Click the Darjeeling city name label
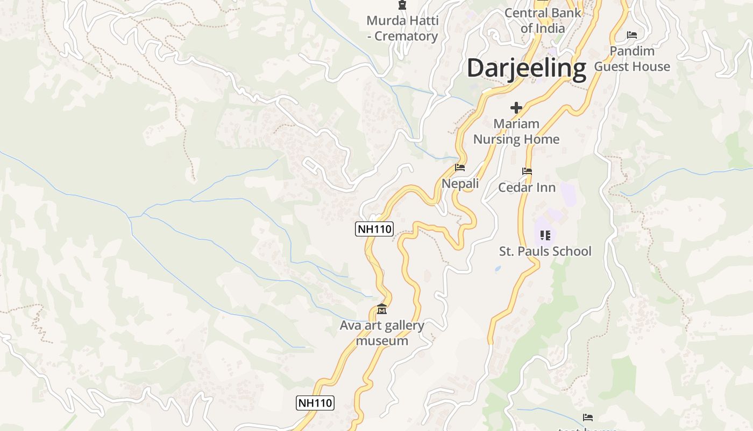[x=526, y=68]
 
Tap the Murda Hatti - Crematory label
[x=402, y=29]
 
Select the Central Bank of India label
[x=543, y=20]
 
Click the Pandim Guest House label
[x=632, y=59]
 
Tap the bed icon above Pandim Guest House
[x=632, y=35]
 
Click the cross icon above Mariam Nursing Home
[x=516, y=108]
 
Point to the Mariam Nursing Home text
[x=516, y=131]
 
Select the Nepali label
[x=460, y=184]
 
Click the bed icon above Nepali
[x=460, y=168]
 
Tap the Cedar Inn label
[x=527, y=187]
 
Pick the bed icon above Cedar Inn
[x=527, y=171]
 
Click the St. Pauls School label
[x=545, y=251]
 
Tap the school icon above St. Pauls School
[x=545, y=235]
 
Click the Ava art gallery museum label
[x=382, y=333]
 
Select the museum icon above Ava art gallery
[x=382, y=309]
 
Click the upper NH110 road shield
[x=374, y=229]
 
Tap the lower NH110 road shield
[x=315, y=402]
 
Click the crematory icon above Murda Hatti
[x=402, y=5]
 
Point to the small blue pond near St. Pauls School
[x=498, y=268]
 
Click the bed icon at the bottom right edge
[x=588, y=417]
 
